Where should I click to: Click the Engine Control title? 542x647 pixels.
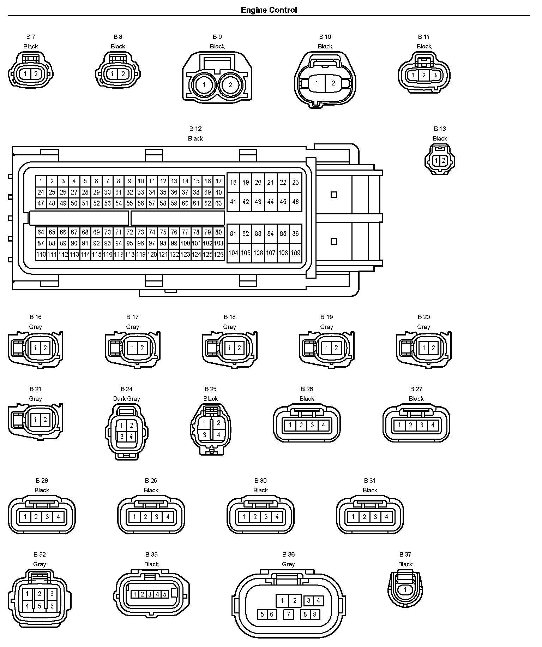point(269,10)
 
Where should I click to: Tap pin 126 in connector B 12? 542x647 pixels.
point(219,254)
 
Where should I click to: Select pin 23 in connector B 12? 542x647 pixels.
point(295,182)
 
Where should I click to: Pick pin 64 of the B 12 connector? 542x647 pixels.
point(41,232)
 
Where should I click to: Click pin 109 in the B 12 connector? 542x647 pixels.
point(295,253)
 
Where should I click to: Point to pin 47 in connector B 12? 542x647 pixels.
point(41,203)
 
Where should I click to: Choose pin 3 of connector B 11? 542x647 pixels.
point(435,75)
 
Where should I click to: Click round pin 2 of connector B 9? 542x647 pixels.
point(230,85)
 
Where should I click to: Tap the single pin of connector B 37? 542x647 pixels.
point(405,589)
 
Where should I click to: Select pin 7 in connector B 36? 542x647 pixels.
point(288,614)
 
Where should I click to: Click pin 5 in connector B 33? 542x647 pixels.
point(164,594)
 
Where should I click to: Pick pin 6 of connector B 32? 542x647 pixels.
point(52,606)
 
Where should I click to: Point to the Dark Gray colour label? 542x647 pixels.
point(126,398)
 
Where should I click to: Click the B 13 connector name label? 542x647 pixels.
point(440,129)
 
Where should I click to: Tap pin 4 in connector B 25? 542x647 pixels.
point(218,435)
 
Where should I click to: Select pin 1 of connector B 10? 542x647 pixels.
point(317,83)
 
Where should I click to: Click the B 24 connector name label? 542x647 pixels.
point(126,389)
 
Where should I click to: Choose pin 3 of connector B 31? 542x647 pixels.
point(375,517)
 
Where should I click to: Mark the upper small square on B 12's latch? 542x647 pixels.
point(333,195)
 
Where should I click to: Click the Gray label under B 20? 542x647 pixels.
point(423,327)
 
